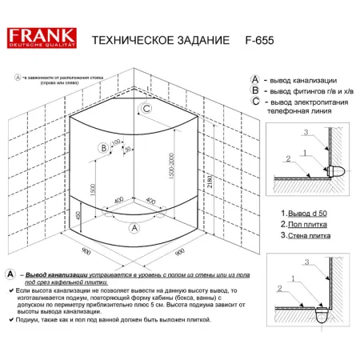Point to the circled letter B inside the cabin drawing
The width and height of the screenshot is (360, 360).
pyautogui.click(x=103, y=147)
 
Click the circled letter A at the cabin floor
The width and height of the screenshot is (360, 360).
pyautogui.click(x=134, y=228)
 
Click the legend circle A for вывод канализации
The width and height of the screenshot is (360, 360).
pyautogui.click(x=255, y=80)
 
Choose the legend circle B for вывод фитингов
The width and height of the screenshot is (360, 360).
pyautogui.click(x=255, y=91)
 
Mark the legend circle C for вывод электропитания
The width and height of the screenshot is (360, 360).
pyautogui.click(x=255, y=102)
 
